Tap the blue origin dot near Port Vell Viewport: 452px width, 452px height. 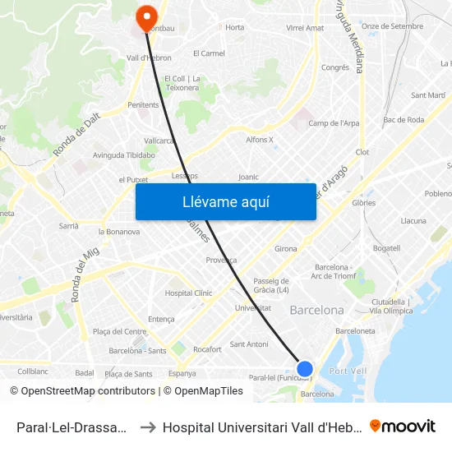304,368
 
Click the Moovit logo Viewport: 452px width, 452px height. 403,427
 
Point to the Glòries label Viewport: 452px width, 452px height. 363,202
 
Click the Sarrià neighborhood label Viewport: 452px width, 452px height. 69,225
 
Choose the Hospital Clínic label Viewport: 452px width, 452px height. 188,293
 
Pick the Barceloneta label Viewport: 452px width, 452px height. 356,330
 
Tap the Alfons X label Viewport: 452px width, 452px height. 260,140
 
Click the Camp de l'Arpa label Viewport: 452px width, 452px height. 334,123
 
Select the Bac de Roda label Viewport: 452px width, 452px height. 404,120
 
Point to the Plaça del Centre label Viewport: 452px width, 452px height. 119,331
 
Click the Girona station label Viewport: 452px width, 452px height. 285,248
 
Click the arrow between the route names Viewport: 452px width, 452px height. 148,427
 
